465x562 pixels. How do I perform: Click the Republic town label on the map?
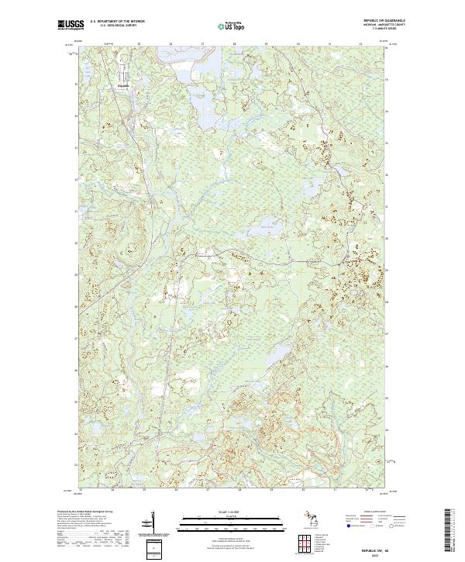(x=123, y=84)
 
